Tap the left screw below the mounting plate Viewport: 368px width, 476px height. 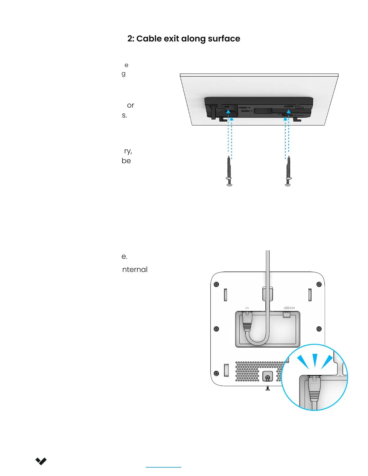229,171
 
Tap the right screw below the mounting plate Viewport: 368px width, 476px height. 288,171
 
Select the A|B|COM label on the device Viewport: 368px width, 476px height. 289,308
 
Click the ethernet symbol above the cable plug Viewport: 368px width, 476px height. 247,308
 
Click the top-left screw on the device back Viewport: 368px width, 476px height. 216,284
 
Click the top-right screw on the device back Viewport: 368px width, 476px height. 319,284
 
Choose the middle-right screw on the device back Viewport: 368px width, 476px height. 319,329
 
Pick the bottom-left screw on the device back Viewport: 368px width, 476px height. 216,373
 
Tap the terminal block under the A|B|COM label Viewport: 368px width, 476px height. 287,315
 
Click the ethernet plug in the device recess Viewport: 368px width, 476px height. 247,322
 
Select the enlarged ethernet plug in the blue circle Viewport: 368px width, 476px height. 314,389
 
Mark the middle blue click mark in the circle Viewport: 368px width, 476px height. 315,360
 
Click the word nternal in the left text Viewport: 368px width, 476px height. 135,270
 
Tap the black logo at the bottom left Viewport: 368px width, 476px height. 41,461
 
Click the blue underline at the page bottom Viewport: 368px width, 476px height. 164,467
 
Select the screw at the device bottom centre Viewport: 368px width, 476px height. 268,377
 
